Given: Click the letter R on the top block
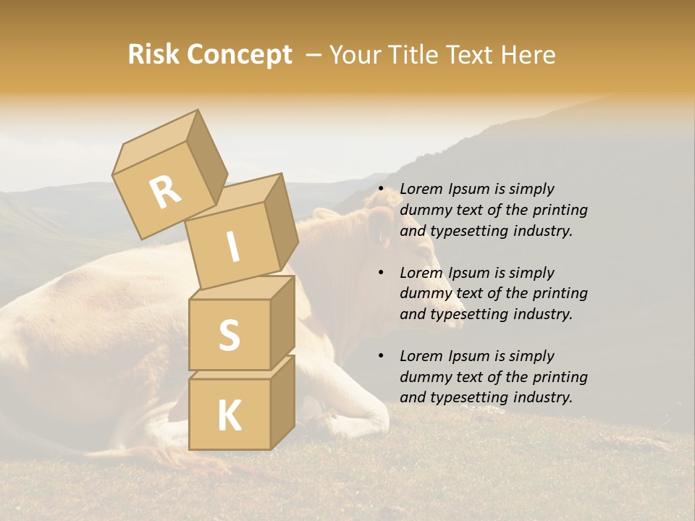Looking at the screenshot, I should coord(165,192).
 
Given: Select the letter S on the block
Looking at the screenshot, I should coord(229,335).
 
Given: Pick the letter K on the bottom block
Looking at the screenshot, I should coord(229,416).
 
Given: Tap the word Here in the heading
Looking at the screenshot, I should coord(528,55).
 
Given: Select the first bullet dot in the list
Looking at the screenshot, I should coord(382,190).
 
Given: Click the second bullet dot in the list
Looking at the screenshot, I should coord(382,274).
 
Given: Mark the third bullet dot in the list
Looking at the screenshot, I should coord(382,357).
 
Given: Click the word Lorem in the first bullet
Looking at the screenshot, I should coord(421,190).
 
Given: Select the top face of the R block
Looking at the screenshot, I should coord(153,145).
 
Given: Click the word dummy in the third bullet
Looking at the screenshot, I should coord(423,377).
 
